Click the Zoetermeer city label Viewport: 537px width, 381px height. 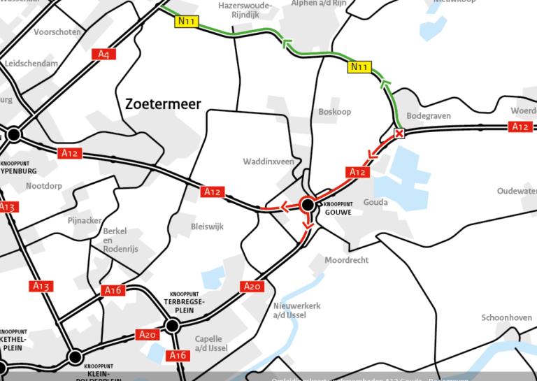pos(163,104)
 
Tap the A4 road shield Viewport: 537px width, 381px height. pos(104,54)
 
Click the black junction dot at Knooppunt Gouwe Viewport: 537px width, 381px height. pos(307,205)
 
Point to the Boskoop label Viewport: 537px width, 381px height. pos(334,112)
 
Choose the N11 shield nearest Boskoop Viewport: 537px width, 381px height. pos(359,67)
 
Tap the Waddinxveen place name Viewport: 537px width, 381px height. pos(268,161)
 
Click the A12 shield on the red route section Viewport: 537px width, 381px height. pos(357,172)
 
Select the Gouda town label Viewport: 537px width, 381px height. pos(375,202)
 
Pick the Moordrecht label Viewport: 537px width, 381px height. pos(346,260)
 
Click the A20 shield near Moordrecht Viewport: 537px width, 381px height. pos(252,286)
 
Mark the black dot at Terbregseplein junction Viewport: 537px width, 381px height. pos(173,325)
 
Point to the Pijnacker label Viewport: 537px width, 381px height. pos(85,220)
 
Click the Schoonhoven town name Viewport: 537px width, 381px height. pos(506,317)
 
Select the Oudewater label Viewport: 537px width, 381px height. pos(517,192)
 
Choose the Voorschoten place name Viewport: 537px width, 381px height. pos(57,32)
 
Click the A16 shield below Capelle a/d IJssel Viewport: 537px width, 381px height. pos(178,356)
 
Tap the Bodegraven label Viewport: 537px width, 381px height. pos(429,116)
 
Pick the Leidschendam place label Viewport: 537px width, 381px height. pos(31,63)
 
